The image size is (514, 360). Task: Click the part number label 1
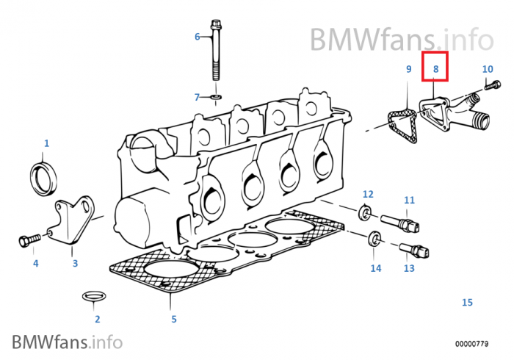tap(46, 143)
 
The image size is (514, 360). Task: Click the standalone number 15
tap(467, 302)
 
